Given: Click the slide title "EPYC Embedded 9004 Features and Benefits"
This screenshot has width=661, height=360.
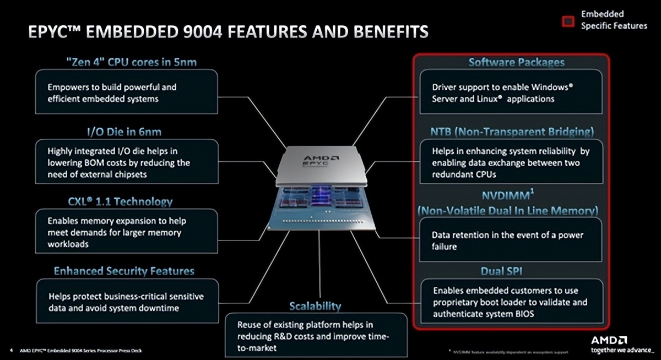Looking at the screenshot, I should pos(228,32).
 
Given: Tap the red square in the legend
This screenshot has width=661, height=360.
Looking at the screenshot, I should pos(568,21).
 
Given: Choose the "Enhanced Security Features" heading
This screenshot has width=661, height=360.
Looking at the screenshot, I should pos(124,271).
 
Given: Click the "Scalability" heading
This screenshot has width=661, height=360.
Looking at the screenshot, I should pos(315,306).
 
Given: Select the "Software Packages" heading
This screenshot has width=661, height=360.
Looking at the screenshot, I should pos(516,62).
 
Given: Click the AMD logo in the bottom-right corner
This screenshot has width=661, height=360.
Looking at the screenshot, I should pos(609,340).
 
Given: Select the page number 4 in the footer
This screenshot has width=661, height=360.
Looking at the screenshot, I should pos(12,350).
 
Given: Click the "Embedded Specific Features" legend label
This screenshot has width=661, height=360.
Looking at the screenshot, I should pos(614,20).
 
